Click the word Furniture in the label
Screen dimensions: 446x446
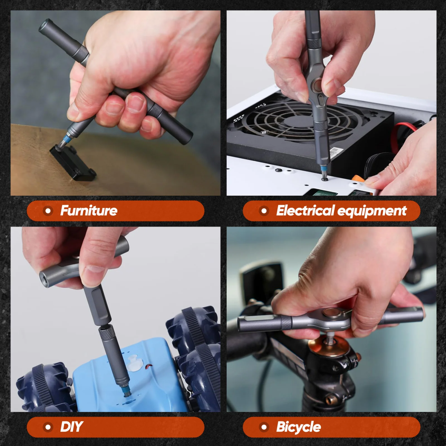tap(89, 211)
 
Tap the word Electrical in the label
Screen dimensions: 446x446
tap(305, 211)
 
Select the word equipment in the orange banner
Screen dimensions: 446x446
tap(372, 211)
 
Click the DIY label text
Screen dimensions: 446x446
tap(71, 427)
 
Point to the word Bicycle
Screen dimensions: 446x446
tap(298, 427)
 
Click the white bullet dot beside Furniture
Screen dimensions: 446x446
tap(48, 211)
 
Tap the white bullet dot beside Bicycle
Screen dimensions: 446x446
tap(264, 427)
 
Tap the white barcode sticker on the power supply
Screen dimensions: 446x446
tap(336, 152)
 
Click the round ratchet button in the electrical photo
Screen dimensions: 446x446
tap(317, 84)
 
